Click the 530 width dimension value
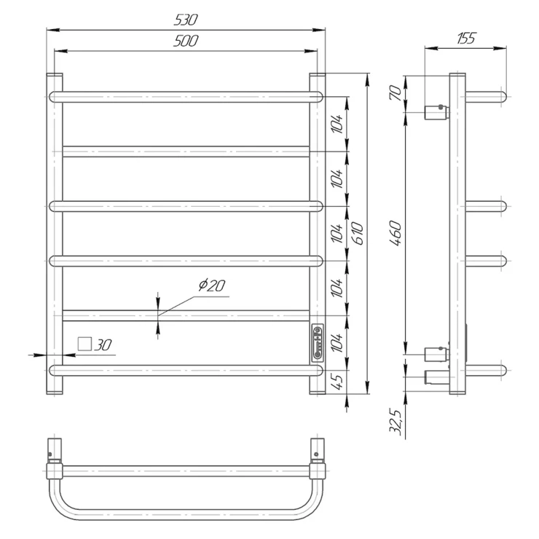pos(186,20)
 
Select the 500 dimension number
pos(186,41)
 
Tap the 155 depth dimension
pos(466,38)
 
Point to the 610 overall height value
pos(358,233)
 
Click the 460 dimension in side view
pos(396,233)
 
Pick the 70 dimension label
pos(396,93)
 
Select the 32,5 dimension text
pos(396,422)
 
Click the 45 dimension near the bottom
pos(338,382)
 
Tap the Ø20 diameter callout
pos(212,285)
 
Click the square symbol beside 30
pos(84,344)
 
